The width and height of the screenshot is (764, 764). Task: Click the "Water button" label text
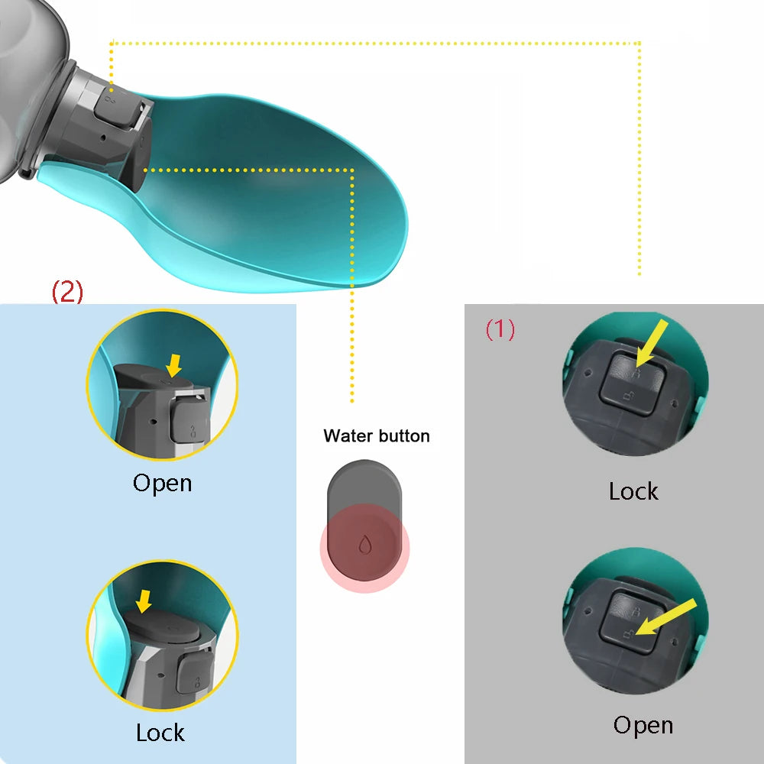click(x=377, y=436)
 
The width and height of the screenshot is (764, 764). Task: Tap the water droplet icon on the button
click(x=364, y=544)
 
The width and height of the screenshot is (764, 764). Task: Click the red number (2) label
click(x=67, y=292)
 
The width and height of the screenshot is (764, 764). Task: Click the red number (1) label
click(x=500, y=329)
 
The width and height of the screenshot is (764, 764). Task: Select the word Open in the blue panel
click(x=162, y=483)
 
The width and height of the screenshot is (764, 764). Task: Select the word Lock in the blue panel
click(x=160, y=733)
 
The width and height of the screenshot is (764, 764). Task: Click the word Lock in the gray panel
click(x=633, y=490)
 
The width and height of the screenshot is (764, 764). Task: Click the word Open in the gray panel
click(x=643, y=724)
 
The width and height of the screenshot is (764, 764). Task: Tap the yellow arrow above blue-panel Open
click(x=175, y=363)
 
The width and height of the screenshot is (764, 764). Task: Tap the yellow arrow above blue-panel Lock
click(x=143, y=604)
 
